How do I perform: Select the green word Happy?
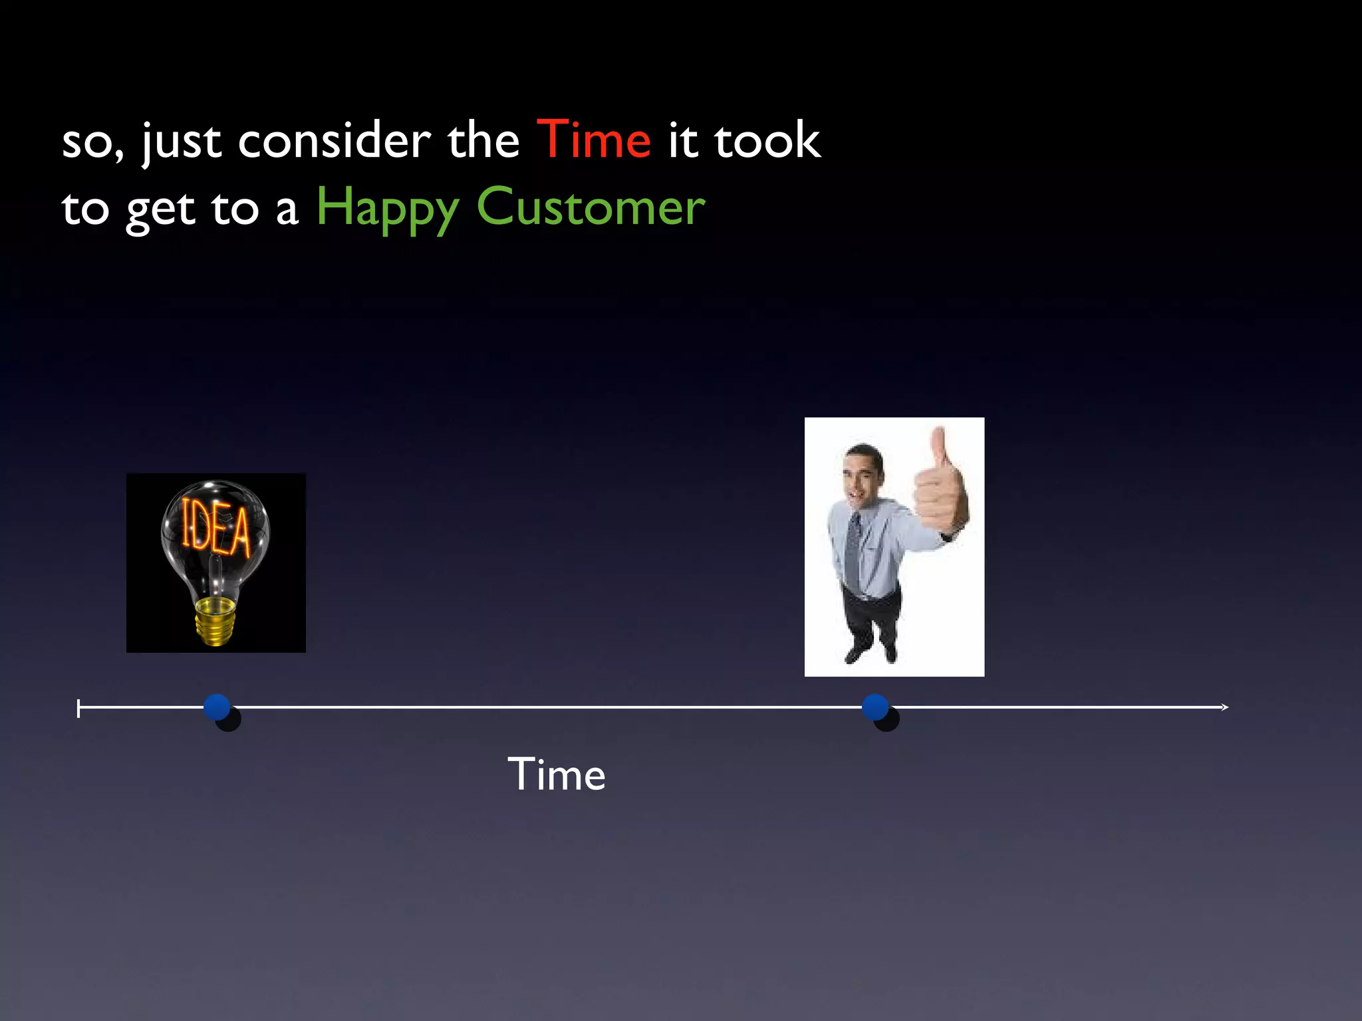pyautogui.click(x=387, y=207)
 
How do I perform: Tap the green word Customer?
pyautogui.click(x=591, y=207)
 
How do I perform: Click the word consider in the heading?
pyautogui.click(x=334, y=141)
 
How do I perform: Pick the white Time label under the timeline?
pyautogui.click(x=557, y=774)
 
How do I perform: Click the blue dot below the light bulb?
pyautogui.click(x=217, y=707)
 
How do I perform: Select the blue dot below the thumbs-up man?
pyautogui.click(x=875, y=707)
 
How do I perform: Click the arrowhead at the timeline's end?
pyautogui.click(x=1224, y=707)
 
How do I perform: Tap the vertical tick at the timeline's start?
pyautogui.click(x=78, y=709)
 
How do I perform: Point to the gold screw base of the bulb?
pyautogui.click(x=214, y=620)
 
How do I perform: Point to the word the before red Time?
pyautogui.click(x=483, y=141)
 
